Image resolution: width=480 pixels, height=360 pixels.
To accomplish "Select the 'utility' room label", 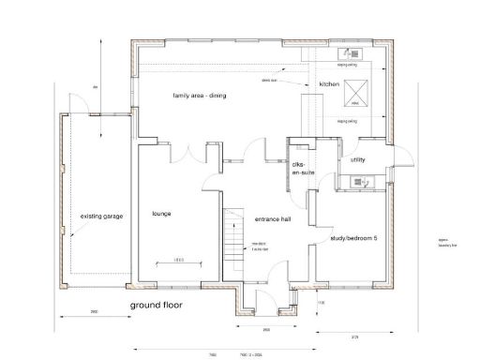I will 357,160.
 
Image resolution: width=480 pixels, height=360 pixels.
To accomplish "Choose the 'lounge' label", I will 160,214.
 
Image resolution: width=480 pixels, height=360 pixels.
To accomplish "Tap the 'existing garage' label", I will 97,214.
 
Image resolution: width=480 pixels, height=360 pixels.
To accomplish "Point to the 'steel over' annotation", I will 268,81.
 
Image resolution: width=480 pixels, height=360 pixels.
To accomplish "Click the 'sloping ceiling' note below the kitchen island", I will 347,121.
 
